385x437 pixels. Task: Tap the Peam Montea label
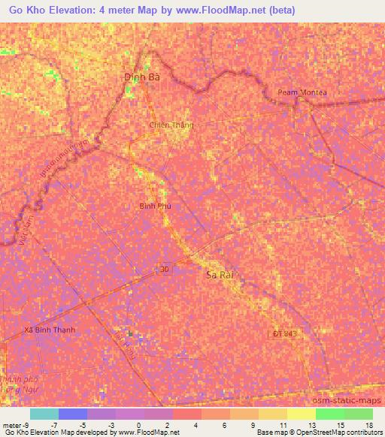(x=302, y=92)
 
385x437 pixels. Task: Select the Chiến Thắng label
(x=171, y=125)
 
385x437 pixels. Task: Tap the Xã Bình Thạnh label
(x=50, y=330)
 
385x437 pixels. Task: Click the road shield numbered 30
(x=165, y=268)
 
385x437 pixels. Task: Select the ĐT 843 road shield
(x=280, y=333)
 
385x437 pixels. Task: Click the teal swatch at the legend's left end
(x=44, y=414)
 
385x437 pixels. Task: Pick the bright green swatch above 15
(x=329, y=414)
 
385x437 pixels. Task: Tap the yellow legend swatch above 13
(x=301, y=414)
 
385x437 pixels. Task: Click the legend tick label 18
(x=368, y=424)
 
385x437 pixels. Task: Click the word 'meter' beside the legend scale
(x=11, y=424)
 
